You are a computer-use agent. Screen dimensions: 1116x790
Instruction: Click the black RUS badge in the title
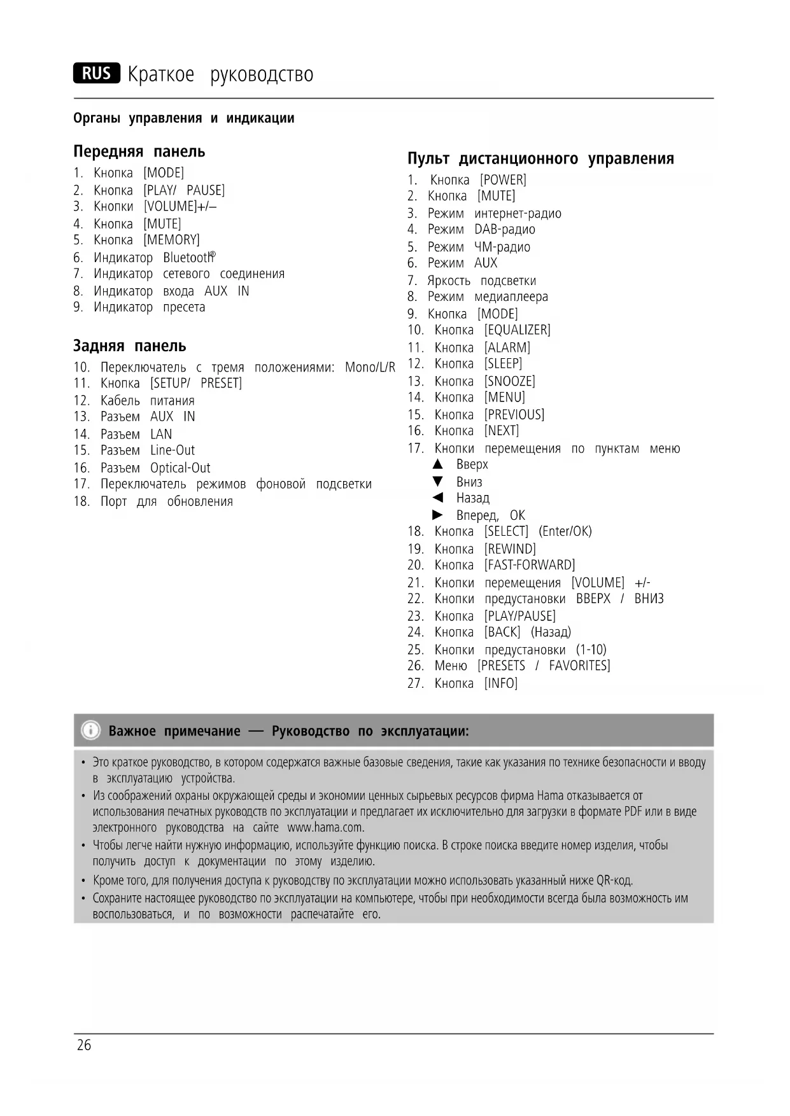click(x=96, y=74)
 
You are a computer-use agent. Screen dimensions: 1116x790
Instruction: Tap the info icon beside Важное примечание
click(x=91, y=730)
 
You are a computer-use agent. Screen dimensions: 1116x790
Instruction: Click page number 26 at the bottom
click(x=84, y=1045)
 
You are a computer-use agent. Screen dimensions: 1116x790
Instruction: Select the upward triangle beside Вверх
click(x=437, y=464)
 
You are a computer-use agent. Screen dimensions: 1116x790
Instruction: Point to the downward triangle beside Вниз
click(x=437, y=482)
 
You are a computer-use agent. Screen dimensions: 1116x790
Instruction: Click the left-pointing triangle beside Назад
click(x=437, y=498)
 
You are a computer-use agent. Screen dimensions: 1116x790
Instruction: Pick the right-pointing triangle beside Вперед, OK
click(x=437, y=515)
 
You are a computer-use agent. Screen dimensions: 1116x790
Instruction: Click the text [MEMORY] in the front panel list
click(x=171, y=240)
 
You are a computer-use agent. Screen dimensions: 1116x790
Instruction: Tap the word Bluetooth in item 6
click(x=188, y=258)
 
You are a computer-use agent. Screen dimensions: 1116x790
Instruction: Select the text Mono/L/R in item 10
click(x=370, y=368)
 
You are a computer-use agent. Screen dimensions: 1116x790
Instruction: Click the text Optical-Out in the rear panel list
click(x=180, y=468)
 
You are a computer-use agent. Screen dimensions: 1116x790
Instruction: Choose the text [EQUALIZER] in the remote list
click(x=517, y=330)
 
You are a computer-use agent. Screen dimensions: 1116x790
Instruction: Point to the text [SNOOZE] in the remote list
click(x=509, y=381)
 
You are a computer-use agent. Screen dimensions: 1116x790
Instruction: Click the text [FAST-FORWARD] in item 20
click(x=529, y=565)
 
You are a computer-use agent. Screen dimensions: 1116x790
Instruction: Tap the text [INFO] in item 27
click(x=500, y=683)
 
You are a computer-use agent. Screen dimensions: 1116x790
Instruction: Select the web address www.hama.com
click(x=325, y=828)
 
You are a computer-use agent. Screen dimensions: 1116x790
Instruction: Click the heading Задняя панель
click(x=130, y=346)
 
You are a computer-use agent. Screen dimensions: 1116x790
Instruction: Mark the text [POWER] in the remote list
click(x=503, y=180)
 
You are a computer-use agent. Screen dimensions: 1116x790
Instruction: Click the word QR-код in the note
click(x=614, y=881)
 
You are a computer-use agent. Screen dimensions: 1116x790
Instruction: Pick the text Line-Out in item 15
click(x=173, y=450)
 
